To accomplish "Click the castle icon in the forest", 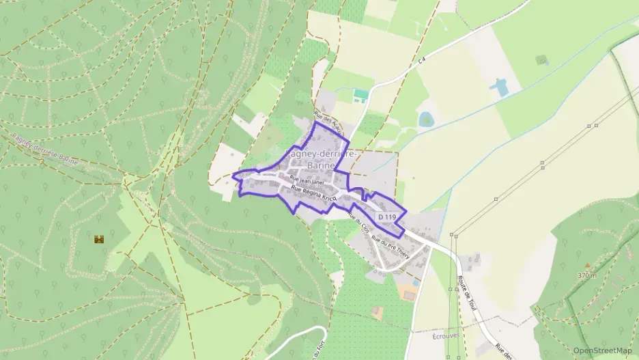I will (99, 239).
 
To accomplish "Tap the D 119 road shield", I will (386, 217).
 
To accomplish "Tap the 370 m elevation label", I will (586, 275).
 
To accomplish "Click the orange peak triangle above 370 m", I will (586, 266).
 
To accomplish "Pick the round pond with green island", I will (427, 120).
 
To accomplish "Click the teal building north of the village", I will (360, 94).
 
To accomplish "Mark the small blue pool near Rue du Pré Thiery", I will (415, 282).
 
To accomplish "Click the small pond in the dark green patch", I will (543, 60).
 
